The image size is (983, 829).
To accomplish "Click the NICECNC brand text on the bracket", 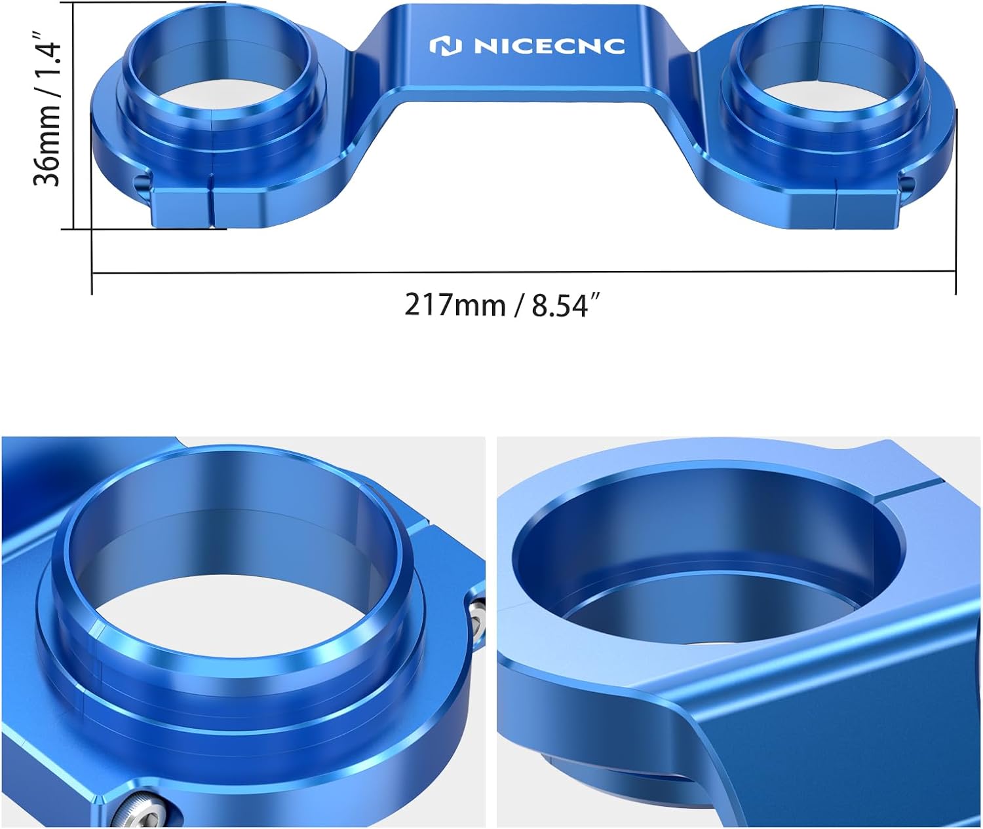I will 549,46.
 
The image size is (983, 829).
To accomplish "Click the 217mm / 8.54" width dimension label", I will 502,305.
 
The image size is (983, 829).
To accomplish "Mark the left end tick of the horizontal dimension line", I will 92,272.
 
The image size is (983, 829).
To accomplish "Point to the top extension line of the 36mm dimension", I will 144,2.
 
